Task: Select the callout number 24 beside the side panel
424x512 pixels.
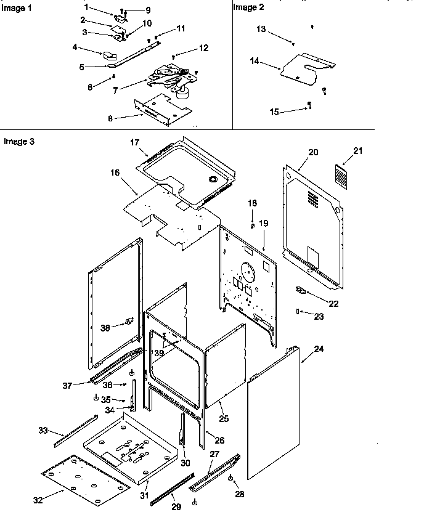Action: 319,349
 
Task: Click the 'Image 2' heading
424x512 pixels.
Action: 247,7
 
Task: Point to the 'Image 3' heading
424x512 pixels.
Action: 18,141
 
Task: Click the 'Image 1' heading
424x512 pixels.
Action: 15,7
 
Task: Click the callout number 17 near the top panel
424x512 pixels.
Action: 134,143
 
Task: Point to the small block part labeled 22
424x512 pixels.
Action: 301,290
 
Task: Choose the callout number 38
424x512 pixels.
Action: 105,328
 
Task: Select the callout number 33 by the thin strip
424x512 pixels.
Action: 43,429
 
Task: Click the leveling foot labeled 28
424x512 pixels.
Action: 230,478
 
